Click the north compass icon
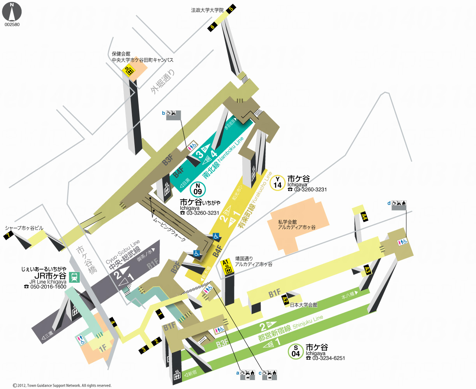click(12, 12)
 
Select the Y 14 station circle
click(277, 182)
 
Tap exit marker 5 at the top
click(231, 8)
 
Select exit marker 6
click(213, 26)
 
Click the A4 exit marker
click(364, 217)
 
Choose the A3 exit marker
click(367, 269)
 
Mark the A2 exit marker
click(285, 300)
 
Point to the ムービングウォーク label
click(169, 229)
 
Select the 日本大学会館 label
click(303, 305)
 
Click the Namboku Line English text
click(231, 149)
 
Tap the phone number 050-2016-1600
click(45, 287)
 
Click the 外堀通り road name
click(163, 82)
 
